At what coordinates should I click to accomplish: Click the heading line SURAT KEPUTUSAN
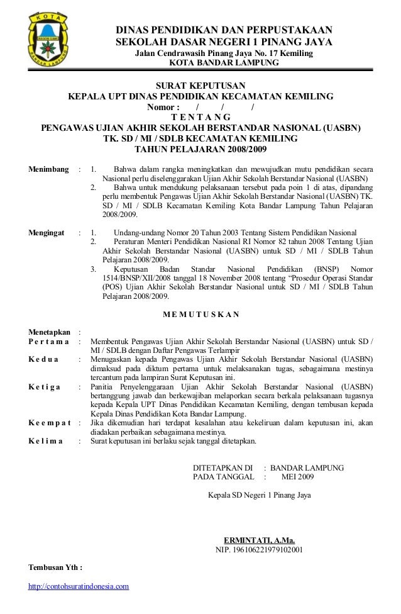[x=200, y=86]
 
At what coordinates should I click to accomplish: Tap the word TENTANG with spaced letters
[x=200, y=117]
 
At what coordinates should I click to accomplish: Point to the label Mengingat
[x=47, y=232]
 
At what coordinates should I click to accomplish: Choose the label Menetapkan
[x=49, y=332]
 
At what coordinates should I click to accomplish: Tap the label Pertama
[x=48, y=342]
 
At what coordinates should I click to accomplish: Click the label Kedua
[x=43, y=359]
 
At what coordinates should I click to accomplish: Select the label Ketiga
[x=45, y=386]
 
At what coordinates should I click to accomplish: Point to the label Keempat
[x=50, y=422]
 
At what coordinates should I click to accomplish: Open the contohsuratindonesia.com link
[x=79, y=586]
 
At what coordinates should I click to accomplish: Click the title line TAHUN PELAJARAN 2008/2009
[x=200, y=149]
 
